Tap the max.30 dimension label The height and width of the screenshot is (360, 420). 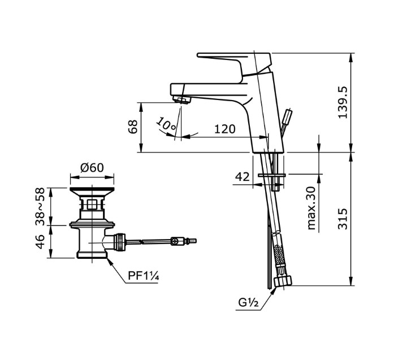(x=311, y=208)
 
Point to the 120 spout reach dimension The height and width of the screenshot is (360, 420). (x=224, y=129)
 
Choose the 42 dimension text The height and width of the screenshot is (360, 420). (x=242, y=177)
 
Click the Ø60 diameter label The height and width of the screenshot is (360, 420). (x=91, y=167)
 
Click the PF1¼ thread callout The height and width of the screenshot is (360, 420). (x=142, y=276)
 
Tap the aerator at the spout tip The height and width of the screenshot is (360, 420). (x=183, y=101)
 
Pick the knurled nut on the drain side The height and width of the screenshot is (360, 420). (x=120, y=242)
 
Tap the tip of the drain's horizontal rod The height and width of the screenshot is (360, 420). (x=195, y=241)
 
